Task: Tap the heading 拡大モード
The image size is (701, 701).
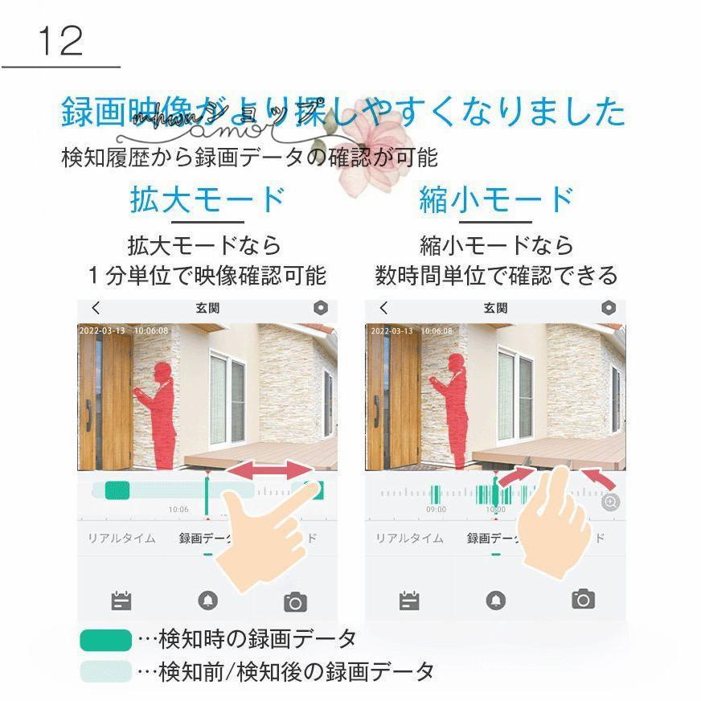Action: [x=207, y=200]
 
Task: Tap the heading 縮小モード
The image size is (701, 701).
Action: [x=496, y=200]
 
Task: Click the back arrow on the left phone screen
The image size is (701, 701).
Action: [x=96, y=308]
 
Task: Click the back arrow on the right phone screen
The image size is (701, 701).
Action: [x=383, y=308]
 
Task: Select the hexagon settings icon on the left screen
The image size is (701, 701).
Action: [x=322, y=308]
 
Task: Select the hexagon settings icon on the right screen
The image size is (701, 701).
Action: [x=609, y=308]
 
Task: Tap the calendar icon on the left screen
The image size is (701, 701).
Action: [x=121, y=601]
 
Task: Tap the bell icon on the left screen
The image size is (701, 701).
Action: [x=208, y=601]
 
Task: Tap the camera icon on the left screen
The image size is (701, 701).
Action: [x=295, y=601]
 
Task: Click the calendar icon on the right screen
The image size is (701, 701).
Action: [x=409, y=600]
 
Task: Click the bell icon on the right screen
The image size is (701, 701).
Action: [x=496, y=600]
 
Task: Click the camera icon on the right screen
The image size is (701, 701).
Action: [x=583, y=599]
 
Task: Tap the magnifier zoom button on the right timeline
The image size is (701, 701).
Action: [x=610, y=502]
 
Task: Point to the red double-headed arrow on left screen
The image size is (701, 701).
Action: [x=269, y=472]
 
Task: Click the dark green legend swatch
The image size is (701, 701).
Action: [x=105, y=640]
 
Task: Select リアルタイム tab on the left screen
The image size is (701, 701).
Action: [x=121, y=538]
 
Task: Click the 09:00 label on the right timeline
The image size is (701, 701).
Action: [x=436, y=510]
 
